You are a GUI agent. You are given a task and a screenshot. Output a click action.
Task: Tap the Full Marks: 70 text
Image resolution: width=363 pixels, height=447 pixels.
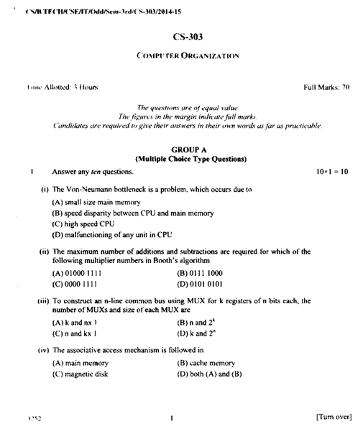tap(326, 86)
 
